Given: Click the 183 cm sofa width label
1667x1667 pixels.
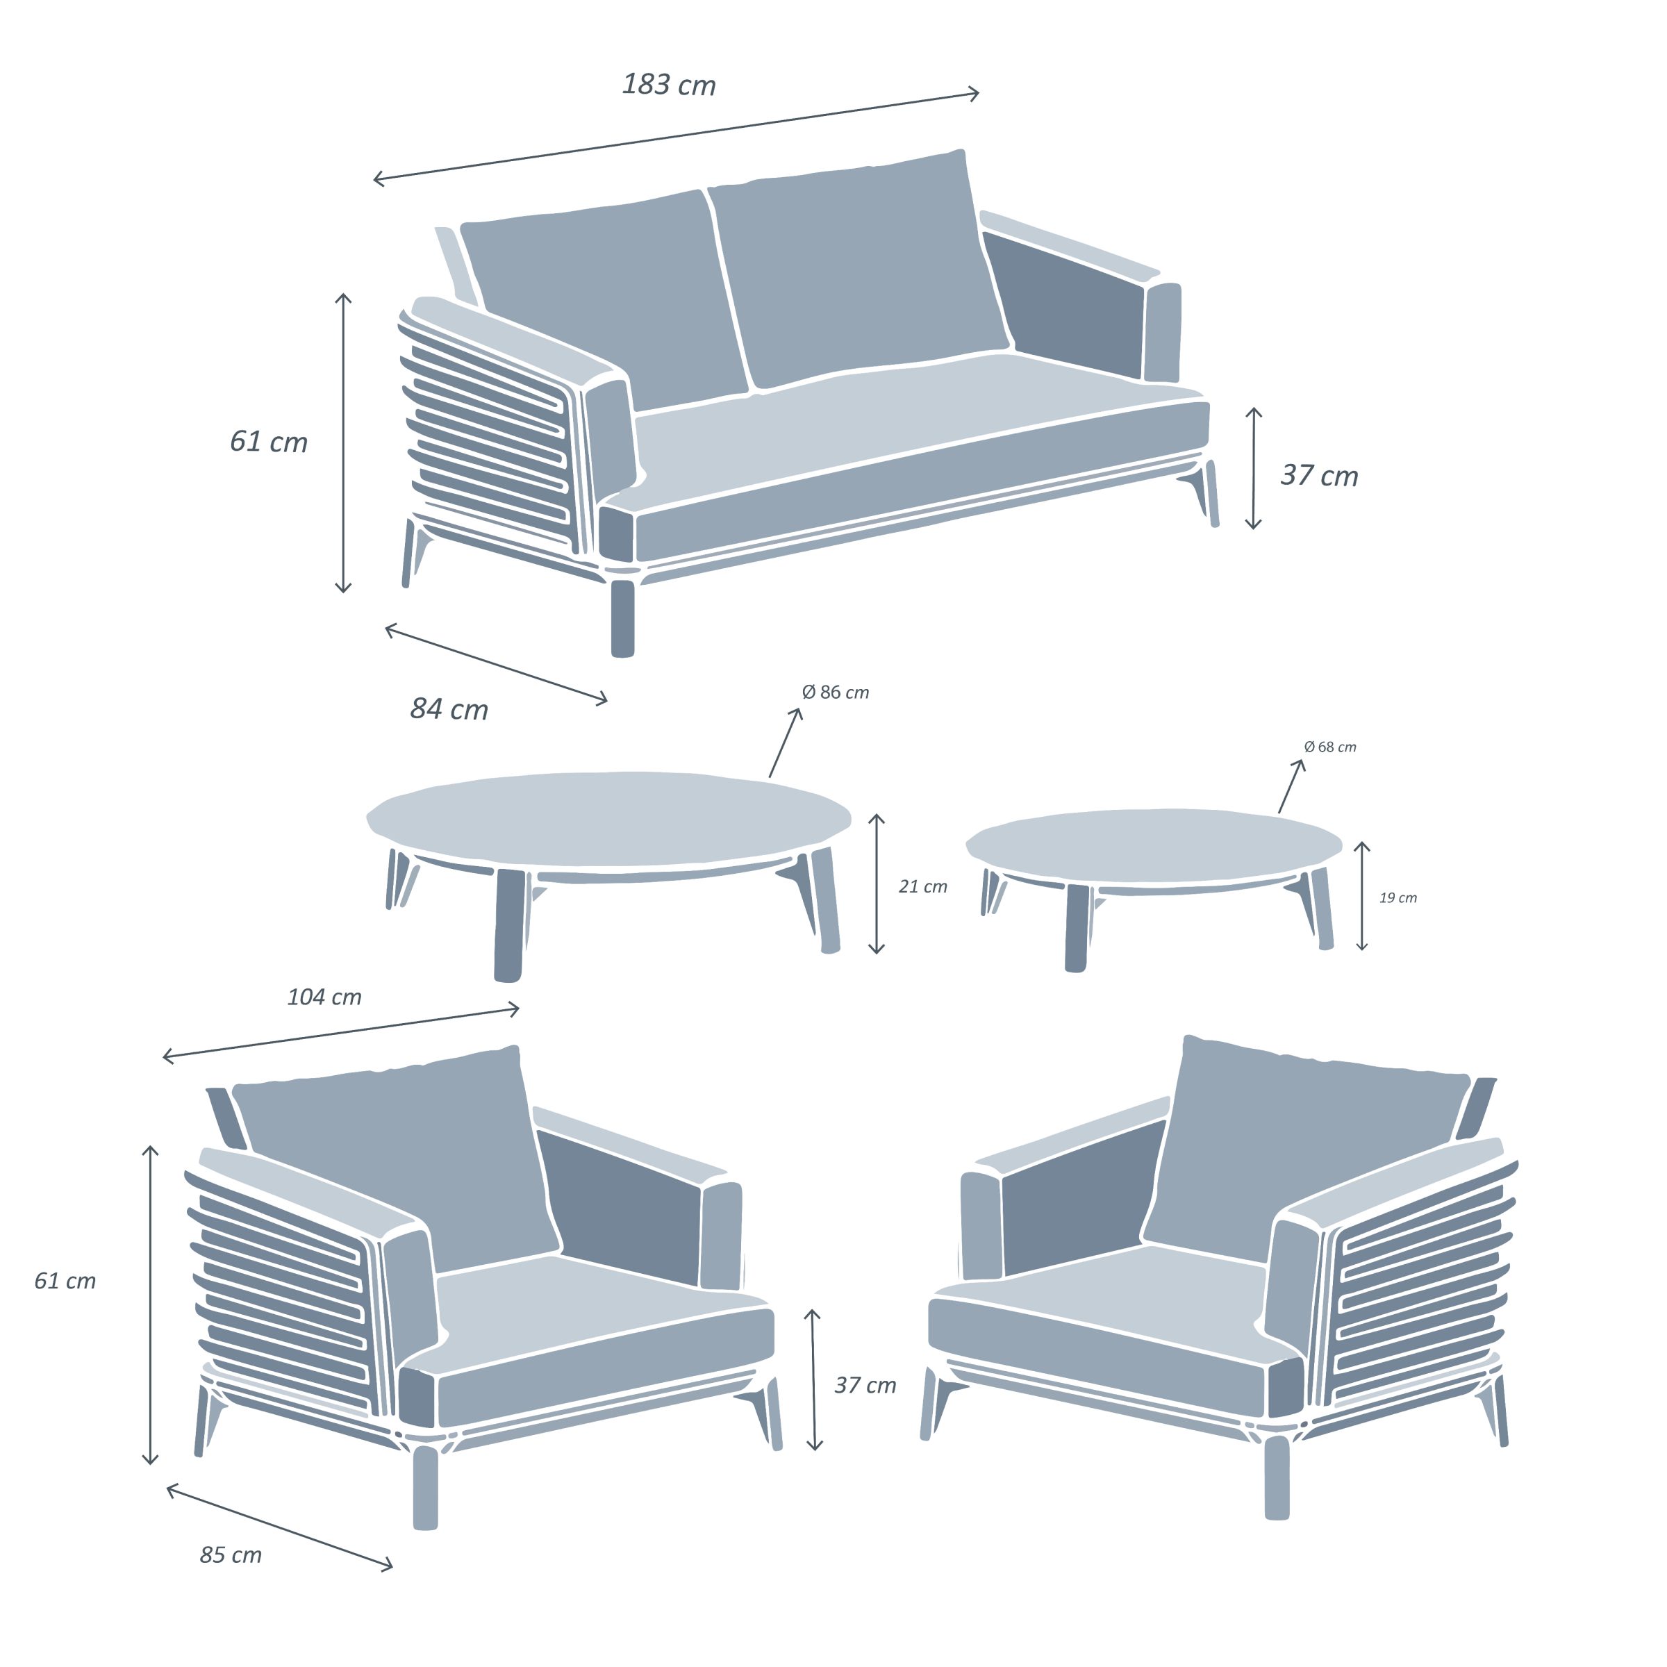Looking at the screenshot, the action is (x=669, y=85).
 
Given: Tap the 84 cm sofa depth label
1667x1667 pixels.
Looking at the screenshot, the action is (x=449, y=709).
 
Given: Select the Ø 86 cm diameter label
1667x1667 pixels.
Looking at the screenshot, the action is (x=834, y=692).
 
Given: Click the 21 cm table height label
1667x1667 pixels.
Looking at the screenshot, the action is (x=922, y=886).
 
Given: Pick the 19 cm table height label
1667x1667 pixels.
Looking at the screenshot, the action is (x=1398, y=897).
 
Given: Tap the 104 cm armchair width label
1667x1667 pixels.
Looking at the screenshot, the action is (x=324, y=997).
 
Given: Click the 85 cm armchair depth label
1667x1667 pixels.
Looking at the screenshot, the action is (x=231, y=1555).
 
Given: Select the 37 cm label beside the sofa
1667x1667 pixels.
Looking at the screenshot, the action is (x=1318, y=475).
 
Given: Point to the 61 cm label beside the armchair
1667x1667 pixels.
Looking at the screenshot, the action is (x=65, y=1280).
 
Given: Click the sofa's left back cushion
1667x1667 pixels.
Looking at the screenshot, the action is (x=604, y=298).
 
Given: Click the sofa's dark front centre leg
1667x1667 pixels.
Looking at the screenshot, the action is (x=622, y=617).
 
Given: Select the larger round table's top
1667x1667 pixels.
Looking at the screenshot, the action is (x=608, y=819).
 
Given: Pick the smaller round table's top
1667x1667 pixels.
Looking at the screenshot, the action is (x=1154, y=845).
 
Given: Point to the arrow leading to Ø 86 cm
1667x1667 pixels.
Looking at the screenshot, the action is (x=785, y=743).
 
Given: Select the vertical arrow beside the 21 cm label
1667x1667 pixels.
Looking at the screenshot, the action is (x=877, y=884).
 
